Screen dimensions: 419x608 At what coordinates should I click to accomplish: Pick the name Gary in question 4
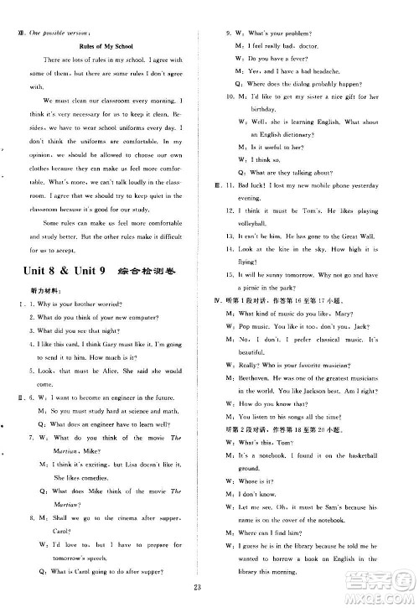(x=116, y=344)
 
